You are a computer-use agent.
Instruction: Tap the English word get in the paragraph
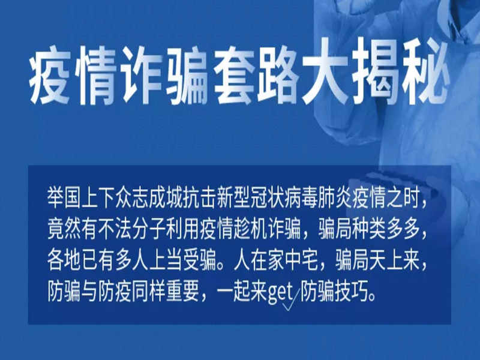281,293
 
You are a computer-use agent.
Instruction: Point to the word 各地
64,262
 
